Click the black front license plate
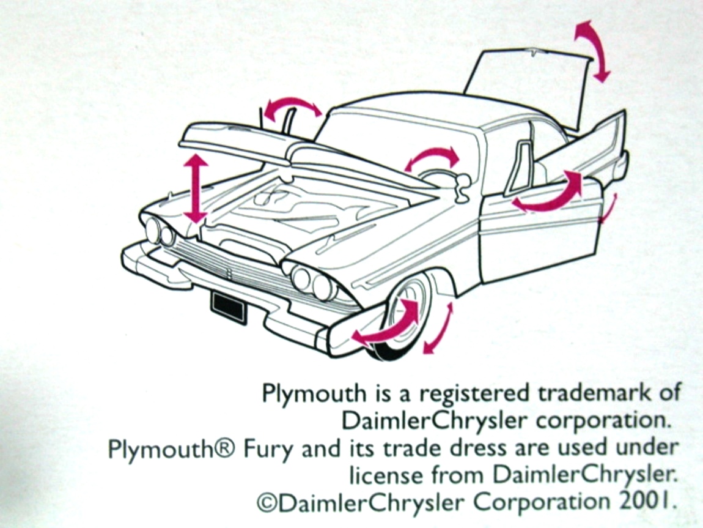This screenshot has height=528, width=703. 229,307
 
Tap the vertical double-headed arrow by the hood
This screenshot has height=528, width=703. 196,188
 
